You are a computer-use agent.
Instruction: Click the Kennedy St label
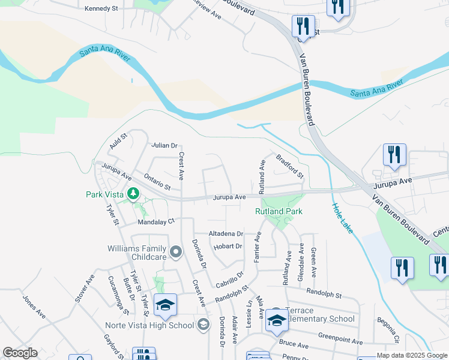[103, 8]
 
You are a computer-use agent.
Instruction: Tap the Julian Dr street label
[165, 145]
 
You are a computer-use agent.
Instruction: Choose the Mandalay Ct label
[156, 221]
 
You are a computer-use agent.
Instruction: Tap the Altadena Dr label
[226, 233]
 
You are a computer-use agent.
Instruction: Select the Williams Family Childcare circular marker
[176, 253]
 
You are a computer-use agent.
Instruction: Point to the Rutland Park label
[279, 211]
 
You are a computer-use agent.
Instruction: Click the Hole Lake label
[342, 218]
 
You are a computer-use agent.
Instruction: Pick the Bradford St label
[290, 166]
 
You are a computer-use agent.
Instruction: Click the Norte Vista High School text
[149, 325]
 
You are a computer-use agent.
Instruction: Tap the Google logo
[20, 353]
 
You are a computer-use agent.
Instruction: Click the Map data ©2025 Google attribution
[412, 355]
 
